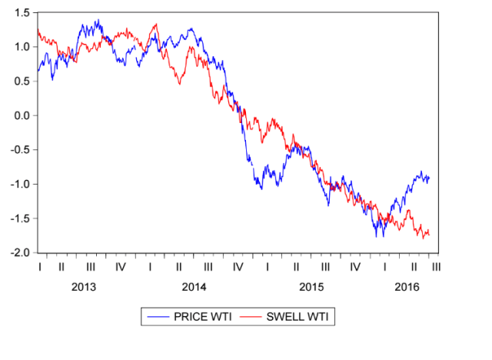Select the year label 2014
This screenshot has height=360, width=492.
(194, 287)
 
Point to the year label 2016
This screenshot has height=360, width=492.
(407, 287)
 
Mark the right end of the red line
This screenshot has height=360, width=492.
(429, 234)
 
